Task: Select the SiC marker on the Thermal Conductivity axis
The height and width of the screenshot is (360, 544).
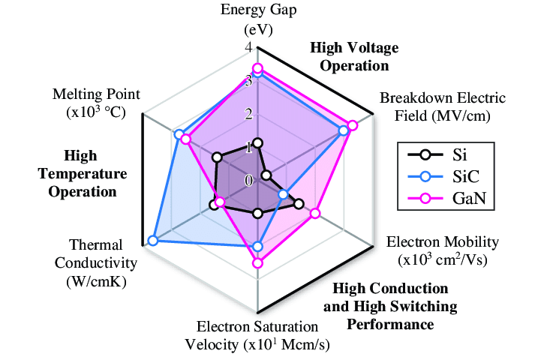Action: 153,241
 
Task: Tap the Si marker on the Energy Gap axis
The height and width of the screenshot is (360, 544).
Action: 257,142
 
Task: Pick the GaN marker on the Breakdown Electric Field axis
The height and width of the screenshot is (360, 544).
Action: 353,125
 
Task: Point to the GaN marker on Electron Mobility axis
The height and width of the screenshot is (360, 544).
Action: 315,214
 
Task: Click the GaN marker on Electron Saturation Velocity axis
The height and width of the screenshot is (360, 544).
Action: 257,262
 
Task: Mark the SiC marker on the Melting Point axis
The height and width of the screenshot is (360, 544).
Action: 179,134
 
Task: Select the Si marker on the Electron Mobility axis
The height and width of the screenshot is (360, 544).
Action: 299,203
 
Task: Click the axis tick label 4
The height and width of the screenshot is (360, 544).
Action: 248,48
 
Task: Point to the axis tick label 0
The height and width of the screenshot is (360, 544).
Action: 248,181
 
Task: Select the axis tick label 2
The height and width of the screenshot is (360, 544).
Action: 248,114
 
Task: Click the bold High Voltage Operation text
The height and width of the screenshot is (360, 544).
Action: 354,56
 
